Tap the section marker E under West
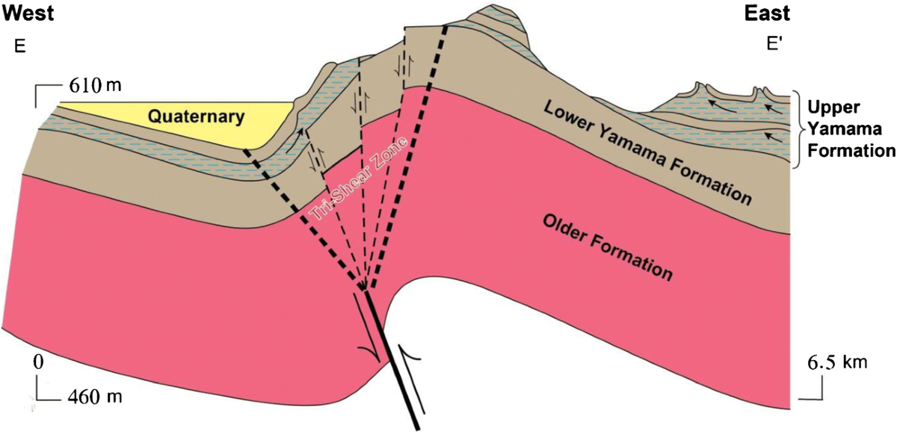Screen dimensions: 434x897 pyautogui.click(x=19, y=47)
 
